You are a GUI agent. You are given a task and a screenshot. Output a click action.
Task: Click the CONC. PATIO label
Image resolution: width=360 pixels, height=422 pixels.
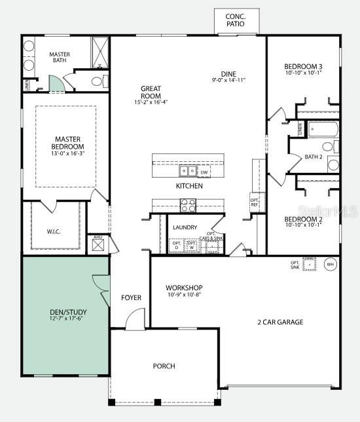[235, 20]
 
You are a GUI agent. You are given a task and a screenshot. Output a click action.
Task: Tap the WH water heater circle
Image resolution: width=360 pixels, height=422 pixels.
[331, 265]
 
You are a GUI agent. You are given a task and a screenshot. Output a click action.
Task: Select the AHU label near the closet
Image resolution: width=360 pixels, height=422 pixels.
[98, 237]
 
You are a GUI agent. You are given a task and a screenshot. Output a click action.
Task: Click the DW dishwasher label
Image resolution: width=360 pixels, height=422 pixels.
[204, 172]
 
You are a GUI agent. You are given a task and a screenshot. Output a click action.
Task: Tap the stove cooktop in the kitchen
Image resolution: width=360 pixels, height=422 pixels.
[188, 205]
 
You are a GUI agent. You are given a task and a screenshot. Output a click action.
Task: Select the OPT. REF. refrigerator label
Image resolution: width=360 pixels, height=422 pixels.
[255, 202]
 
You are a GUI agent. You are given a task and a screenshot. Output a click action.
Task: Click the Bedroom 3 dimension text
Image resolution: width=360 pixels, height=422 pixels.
[303, 73]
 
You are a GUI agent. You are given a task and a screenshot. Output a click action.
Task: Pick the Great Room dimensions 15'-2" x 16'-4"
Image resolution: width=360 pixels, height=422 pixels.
[151, 102]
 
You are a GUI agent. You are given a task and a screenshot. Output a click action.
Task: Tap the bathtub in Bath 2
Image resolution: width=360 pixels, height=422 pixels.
[322, 128]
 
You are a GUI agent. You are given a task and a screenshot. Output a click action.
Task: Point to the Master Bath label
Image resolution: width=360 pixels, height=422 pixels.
[60, 58]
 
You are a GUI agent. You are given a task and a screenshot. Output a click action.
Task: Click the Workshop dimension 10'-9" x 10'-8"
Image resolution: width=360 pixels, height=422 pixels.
[183, 295]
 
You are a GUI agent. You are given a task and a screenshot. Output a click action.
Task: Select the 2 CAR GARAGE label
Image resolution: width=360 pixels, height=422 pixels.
[280, 322]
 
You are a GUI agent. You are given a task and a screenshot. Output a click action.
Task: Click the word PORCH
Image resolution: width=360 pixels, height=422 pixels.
[164, 366]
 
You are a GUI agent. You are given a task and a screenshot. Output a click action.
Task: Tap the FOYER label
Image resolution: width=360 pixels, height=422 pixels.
[131, 298]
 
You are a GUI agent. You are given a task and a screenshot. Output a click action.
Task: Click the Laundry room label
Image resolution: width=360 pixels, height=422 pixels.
[185, 227]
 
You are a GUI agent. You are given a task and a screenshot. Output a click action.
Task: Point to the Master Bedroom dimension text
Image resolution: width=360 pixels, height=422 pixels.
[68, 153]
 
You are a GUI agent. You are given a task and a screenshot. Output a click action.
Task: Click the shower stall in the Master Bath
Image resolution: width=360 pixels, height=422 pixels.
[100, 50]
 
